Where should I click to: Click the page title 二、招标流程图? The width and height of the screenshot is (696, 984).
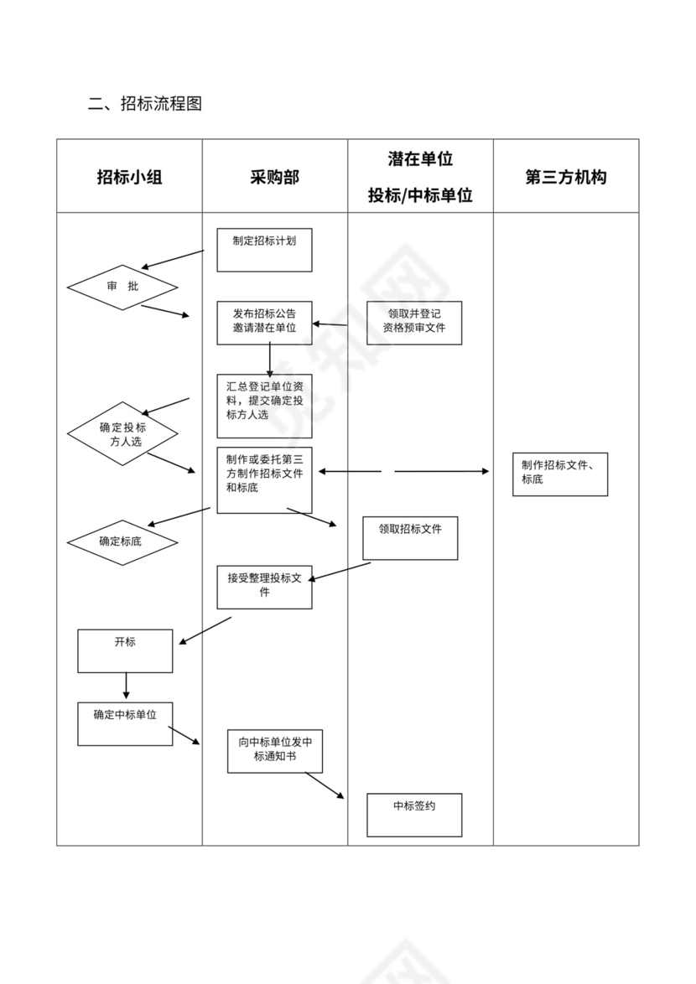pos(145,104)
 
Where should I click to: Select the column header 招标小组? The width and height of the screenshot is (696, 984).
pos(129,177)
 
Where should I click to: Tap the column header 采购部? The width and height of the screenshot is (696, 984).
pos(274,177)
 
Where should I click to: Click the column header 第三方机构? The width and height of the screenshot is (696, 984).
pos(565,177)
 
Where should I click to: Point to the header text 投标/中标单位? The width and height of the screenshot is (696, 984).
pos(420,195)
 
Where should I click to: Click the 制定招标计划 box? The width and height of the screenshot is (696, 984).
pos(264,250)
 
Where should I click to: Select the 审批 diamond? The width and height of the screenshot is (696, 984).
pos(122,287)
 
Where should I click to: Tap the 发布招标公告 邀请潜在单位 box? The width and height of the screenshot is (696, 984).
pos(264,322)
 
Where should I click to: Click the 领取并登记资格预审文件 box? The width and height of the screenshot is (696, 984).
pos(414,323)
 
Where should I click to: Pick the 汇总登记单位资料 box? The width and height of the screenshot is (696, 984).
pos(264,406)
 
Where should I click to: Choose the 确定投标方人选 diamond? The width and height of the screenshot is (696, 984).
pos(122,433)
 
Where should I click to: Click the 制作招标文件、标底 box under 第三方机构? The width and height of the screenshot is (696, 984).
pos(560,474)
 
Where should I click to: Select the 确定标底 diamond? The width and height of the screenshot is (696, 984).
pos(122,542)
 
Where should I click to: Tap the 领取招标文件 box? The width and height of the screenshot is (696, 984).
pos(410,538)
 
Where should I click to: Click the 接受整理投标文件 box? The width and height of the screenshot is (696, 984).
pos(264,587)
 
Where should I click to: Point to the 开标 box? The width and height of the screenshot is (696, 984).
pos(125,650)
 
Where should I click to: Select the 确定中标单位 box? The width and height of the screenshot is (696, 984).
pos(125,723)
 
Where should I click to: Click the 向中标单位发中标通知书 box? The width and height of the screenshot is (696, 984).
pos(275,751)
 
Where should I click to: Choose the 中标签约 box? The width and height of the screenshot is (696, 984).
pos(414,815)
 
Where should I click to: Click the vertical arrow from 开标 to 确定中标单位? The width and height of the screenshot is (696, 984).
pos(126,686)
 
